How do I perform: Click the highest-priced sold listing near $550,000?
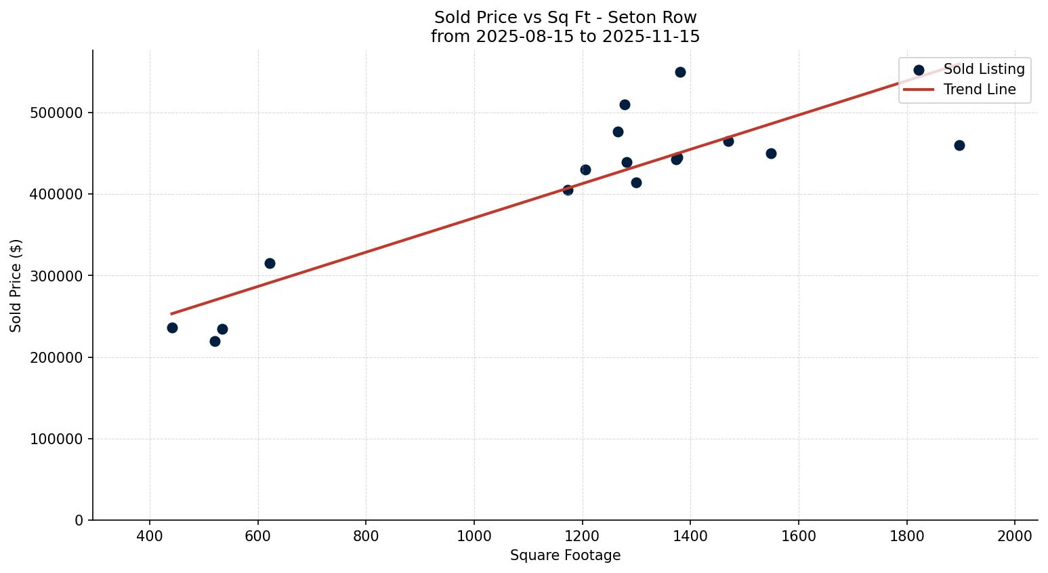tap(680, 72)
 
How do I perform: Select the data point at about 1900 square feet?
tap(959, 145)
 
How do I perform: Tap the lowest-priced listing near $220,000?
tap(215, 341)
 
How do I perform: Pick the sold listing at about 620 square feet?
tap(270, 263)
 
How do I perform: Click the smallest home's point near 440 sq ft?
tap(172, 328)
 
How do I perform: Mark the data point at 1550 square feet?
tap(771, 153)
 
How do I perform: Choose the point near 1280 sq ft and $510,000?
tap(625, 104)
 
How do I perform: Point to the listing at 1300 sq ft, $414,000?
tap(636, 182)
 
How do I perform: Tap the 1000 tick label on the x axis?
tap(474, 535)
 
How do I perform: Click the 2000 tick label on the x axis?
tap(1014, 535)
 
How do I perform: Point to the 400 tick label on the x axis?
tap(150, 535)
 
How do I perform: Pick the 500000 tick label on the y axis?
tap(56, 113)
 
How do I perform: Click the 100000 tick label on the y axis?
tap(56, 439)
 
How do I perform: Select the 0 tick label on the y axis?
tap(79, 520)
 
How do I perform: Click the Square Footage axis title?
tap(565, 555)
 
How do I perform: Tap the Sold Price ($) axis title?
tap(16, 285)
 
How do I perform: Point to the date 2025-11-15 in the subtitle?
tap(651, 37)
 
